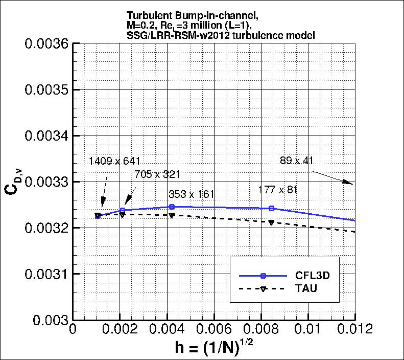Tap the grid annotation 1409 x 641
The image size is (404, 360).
(114, 161)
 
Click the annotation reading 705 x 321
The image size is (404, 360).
(157, 174)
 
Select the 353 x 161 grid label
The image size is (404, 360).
(192, 194)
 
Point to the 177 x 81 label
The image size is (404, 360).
(278, 190)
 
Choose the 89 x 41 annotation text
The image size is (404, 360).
(296, 161)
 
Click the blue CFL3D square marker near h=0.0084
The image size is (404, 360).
(271, 208)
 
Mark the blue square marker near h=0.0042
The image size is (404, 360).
(172, 207)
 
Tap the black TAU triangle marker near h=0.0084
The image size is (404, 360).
(271, 222)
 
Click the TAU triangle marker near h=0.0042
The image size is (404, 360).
(172, 216)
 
